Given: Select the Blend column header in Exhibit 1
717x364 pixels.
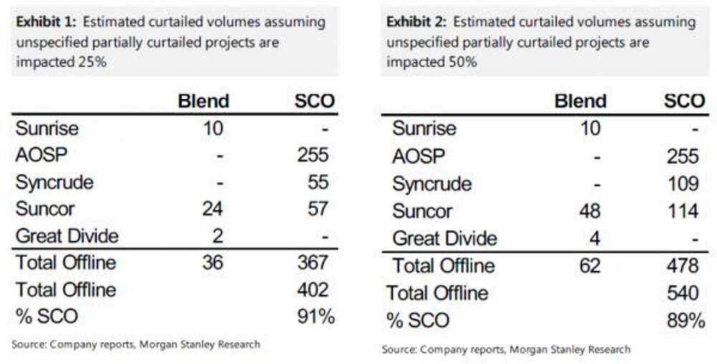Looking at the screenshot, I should [x=204, y=101].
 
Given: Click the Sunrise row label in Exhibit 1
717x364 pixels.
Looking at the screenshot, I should [x=47, y=129].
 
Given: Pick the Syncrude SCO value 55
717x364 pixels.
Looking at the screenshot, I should [x=317, y=182].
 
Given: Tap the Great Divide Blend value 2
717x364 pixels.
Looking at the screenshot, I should [x=218, y=236].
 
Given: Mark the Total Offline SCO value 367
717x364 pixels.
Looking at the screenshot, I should [x=313, y=263].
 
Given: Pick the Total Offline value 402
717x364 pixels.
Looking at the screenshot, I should [x=313, y=289].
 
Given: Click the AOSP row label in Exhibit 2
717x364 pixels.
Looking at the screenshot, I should [x=419, y=156].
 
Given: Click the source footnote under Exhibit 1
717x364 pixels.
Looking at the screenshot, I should [x=136, y=344].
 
